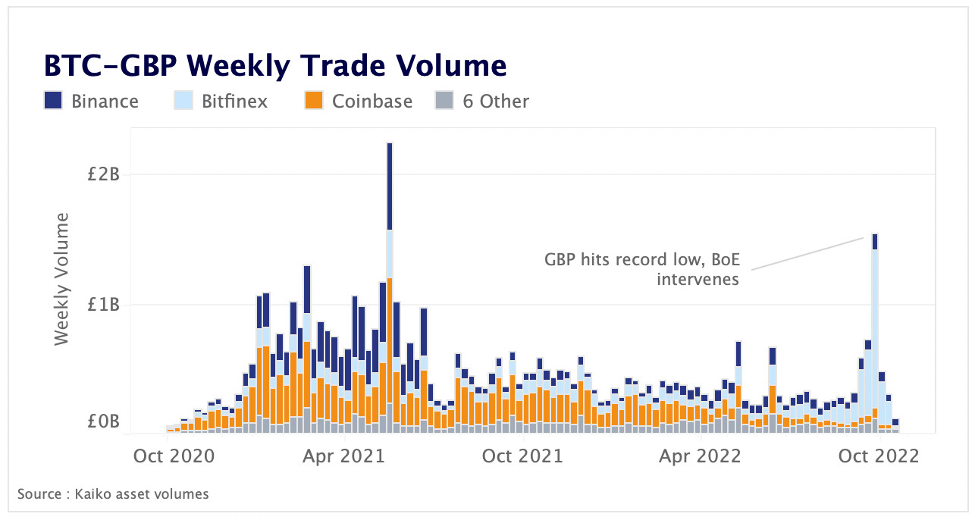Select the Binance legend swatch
coord(53,101)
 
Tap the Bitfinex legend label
coord(234,101)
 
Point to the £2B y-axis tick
coord(104,174)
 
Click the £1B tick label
coord(104,305)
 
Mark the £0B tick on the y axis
coord(104,422)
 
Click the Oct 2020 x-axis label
coord(174,456)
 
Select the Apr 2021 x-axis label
coord(346,456)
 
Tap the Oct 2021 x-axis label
coord(523,456)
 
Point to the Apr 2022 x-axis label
coord(701,456)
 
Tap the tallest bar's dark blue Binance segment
coord(390,186)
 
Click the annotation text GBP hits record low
coord(641,260)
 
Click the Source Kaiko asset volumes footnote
coord(113,494)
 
